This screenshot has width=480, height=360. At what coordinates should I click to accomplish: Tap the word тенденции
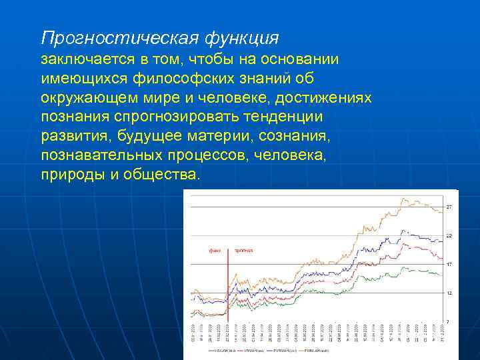tap(285, 117)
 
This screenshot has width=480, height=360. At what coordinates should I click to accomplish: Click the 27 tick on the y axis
tap(449, 208)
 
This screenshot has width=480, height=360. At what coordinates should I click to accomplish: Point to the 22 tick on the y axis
tap(449, 236)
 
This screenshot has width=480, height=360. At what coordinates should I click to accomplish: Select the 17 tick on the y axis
tap(449, 265)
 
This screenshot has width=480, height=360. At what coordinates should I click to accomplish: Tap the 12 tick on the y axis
tap(449, 293)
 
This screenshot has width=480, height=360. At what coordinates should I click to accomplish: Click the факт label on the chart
tap(215, 251)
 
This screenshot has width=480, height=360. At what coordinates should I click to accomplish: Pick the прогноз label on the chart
tap(243, 251)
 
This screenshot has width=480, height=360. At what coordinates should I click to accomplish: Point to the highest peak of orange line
tap(404, 198)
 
